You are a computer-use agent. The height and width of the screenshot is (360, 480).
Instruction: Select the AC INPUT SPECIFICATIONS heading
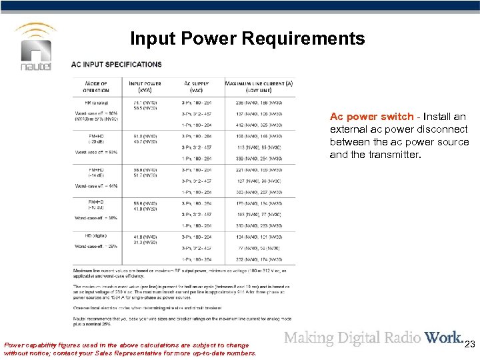point(117,65)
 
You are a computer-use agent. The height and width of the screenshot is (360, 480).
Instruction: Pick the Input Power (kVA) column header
point(143,87)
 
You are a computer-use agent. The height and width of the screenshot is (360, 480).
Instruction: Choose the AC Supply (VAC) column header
point(197,87)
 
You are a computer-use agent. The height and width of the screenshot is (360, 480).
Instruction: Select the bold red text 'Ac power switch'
point(371,117)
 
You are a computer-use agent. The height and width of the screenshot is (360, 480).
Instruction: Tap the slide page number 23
point(469,345)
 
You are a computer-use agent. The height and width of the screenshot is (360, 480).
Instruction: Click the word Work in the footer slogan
point(443,338)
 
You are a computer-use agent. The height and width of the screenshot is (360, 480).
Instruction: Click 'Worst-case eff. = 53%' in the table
point(95,153)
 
